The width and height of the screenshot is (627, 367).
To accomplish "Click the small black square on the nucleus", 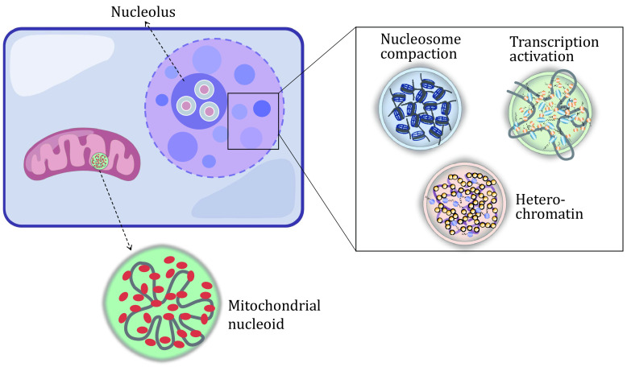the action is click(x=253, y=121).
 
